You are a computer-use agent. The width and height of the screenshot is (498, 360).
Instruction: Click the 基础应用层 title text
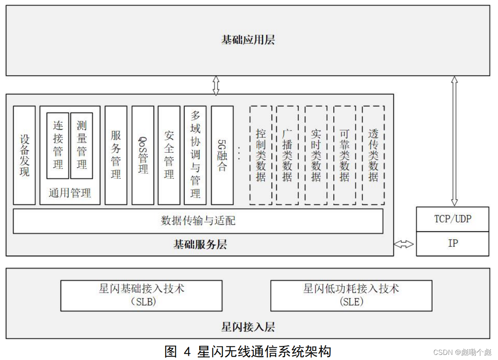click(x=248, y=40)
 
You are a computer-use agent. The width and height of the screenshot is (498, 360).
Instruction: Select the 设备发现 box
click(x=24, y=155)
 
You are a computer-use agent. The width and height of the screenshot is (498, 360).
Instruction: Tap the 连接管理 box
click(x=58, y=145)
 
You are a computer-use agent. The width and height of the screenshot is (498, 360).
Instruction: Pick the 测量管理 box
click(x=81, y=145)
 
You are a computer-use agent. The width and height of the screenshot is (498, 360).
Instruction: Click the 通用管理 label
click(x=70, y=193)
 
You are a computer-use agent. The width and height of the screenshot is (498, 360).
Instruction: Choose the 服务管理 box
click(x=116, y=155)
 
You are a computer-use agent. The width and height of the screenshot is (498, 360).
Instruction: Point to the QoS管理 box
click(x=143, y=155)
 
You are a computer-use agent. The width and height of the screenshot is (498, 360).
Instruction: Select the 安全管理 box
click(x=169, y=155)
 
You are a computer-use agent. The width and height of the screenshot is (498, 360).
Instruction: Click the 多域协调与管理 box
click(x=195, y=155)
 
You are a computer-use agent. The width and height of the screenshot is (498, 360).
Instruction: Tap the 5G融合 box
click(x=222, y=155)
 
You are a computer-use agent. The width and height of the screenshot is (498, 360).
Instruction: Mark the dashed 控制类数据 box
click(x=260, y=155)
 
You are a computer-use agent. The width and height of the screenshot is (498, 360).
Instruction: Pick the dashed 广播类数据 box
click(x=287, y=155)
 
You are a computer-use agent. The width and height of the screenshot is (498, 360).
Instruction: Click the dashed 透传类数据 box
click(x=373, y=155)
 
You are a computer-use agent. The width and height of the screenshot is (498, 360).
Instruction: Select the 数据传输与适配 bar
click(x=198, y=221)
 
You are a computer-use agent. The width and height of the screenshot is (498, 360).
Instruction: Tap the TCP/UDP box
click(x=452, y=219)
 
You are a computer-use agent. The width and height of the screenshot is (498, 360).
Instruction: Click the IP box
click(x=452, y=244)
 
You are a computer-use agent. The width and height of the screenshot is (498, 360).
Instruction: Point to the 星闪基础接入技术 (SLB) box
click(x=141, y=295)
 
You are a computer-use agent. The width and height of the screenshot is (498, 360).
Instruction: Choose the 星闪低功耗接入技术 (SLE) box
click(x=351, y=295)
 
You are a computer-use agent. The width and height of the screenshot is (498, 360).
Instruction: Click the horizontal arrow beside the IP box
click(x=404, y=244)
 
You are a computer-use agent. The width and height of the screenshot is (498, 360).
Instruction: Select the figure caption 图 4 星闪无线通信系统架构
click(x=248, y=351)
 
